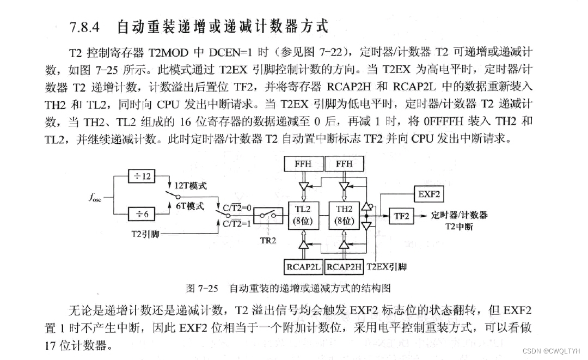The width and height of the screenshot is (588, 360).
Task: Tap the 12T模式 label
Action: pyautogui.click(x=190, y=186)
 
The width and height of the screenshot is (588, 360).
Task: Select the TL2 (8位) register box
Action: pyautogui.click(x=304, y=215)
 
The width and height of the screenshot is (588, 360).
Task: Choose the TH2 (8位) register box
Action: pyautogui.click(x=345, y=215)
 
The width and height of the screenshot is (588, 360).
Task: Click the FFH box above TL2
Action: pyautogui.click(x=304, y=163)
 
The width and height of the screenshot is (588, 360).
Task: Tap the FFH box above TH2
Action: pyautogui.click(x=345, y=163)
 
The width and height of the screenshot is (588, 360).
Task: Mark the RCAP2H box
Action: pyautogui.click(x=345, y=267)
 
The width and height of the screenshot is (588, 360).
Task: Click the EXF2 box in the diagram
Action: pyautogui.click(x=428, y=194)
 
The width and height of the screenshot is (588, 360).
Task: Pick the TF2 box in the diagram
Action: pyautogui.click(x=402, y=216)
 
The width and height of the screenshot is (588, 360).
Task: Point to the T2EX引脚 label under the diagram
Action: pyautogui.click(x=387, y=267)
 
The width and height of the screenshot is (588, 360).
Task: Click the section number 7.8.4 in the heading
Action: pyautogui.click(x=87, y=27)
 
